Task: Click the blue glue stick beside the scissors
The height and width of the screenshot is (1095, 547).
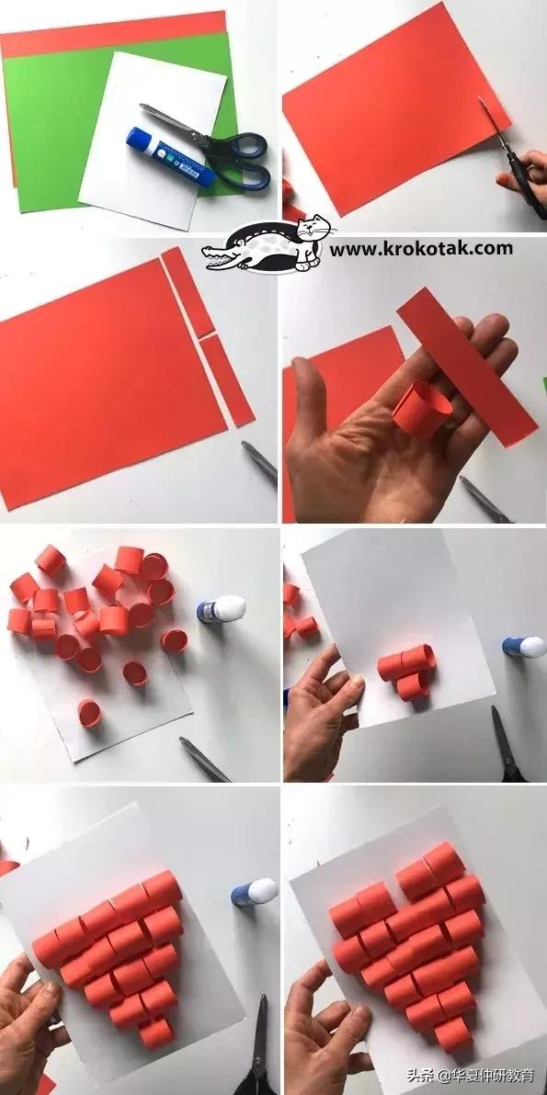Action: pos(170,156)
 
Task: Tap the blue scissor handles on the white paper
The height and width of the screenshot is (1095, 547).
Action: pos(237,161)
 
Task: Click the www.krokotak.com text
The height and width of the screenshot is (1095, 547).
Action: pos(420,248)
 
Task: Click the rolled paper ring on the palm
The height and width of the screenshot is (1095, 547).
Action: pos(420,409)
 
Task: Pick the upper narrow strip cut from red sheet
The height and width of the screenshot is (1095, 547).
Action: pos(188,291)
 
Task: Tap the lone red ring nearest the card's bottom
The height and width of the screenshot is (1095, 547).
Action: pos(89,713)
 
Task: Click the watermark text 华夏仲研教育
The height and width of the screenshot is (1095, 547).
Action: pos(488,1075)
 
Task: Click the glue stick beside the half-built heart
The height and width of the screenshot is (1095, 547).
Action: pos(254,893)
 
